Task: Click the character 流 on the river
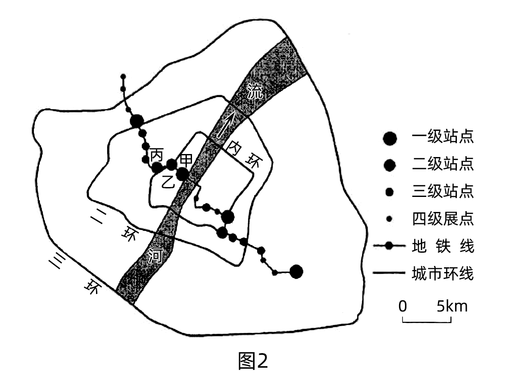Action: pos(255,92)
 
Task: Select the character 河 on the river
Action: pos(155,256)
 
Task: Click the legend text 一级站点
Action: pos(442,138)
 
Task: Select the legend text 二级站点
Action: pos(442,165)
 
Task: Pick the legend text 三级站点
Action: pos(442,192)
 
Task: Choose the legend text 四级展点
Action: pos(442,219)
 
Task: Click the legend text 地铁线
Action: pos(442,246)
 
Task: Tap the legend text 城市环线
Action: pos(442,273)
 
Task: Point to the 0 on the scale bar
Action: pos(402,306)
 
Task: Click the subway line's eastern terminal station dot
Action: pos(296,272)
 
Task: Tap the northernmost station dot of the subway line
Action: pos(123,77)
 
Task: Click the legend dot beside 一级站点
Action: pos(390,138)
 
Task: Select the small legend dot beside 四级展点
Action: pos(390,219)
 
